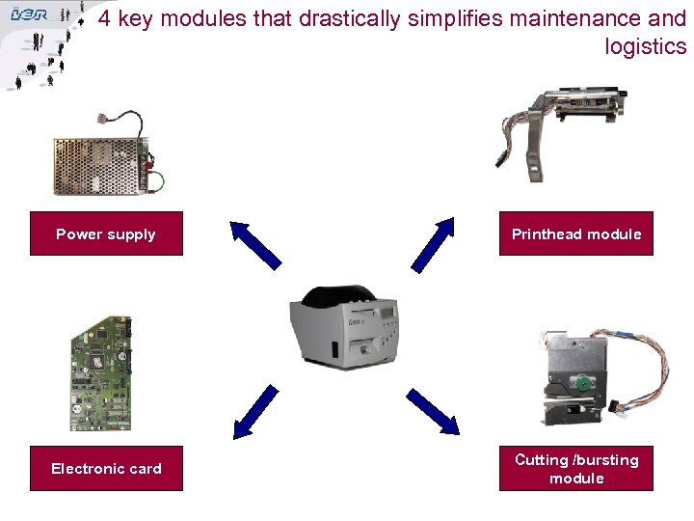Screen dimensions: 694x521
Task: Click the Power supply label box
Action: tap(106, 233)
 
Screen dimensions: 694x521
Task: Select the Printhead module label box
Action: tap(575, 233)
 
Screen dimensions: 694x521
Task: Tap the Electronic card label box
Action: tap(106, 469)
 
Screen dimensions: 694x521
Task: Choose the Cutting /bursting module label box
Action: tap(575, 469)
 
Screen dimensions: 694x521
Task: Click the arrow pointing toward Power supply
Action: tap(254, 243)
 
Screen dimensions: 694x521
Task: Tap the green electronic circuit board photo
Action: tap(101, 372)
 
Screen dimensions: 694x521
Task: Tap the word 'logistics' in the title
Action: tap(645, 46)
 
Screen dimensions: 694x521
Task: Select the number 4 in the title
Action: tap(103, 18)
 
